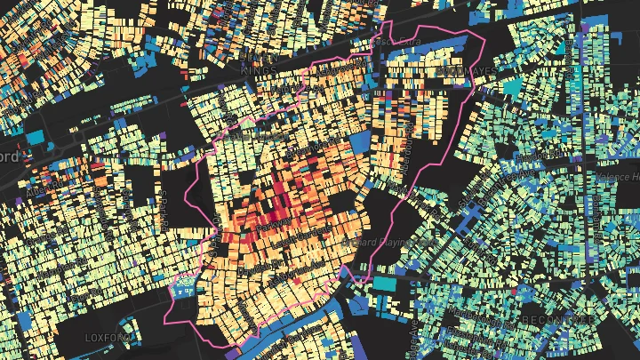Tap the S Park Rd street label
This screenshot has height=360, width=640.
164,200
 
